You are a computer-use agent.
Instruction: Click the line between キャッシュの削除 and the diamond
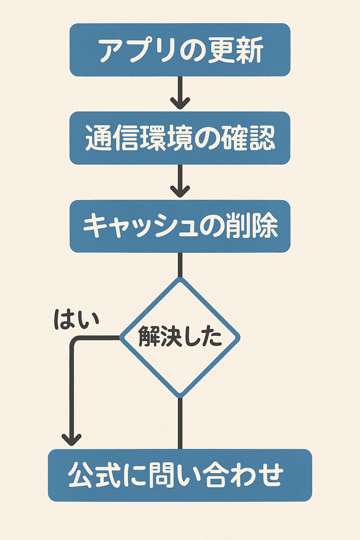[x=180, y=265]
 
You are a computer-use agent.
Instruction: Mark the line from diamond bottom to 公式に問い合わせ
[x=180, y=423]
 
